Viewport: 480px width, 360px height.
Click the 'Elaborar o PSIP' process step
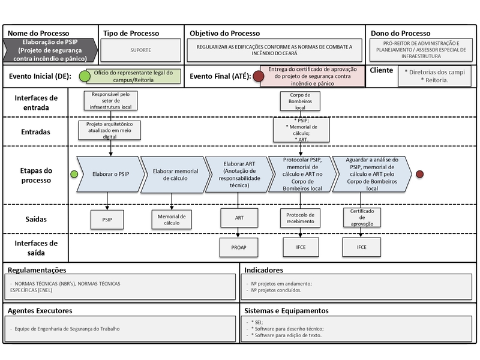[x=110, y=174]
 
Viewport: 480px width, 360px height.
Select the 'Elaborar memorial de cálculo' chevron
[x=175, y=175]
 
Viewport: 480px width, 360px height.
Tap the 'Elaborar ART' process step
[x=239, y=175]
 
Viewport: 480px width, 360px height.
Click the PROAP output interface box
[x=239, y=247]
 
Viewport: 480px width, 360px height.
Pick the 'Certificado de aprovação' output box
[x=362, y=217]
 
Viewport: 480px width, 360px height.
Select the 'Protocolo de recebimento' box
[x=300, y=218]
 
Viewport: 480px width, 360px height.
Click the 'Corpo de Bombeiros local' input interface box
[x=300, y=101]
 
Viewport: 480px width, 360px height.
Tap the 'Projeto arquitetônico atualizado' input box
[x=110, y=130]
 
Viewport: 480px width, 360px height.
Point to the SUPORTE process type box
[x=141, y=50]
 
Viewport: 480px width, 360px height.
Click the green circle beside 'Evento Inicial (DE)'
[x=85, y=76]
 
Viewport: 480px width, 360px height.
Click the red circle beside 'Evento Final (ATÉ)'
[x=259, y=76]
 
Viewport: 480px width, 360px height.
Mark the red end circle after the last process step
[x=419, y=174]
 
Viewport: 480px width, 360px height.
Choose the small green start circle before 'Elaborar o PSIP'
[x=74, y=174]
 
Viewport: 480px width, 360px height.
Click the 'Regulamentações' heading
[x=37, y=270]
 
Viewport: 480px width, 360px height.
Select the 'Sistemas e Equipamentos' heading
[x=286, y=311]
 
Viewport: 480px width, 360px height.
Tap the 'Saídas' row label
[x=36, y=219]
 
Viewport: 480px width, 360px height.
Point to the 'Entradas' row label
[x=35, y=132]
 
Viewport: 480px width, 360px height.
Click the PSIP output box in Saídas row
[x=107, y=220]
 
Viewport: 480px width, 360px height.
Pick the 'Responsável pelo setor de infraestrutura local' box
[x=110, y=100]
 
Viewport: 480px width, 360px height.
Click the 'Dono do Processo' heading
[x=400, y=34]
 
